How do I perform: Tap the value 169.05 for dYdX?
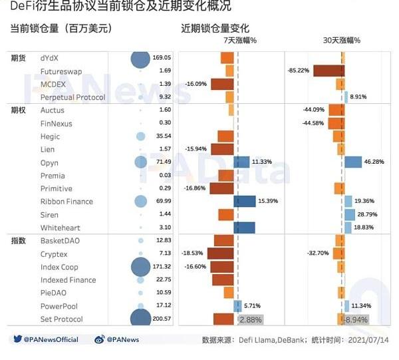tap(162, 58)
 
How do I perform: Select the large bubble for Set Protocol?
tap(140, 319)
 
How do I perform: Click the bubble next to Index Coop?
tap(140, 267)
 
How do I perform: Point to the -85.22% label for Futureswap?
tap(298, 71)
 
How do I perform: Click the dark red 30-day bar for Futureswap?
tap(328, 71)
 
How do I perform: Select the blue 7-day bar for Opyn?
tap(241, 162)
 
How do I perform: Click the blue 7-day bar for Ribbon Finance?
tap(245, 202)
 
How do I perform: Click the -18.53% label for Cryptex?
tap(193, 254)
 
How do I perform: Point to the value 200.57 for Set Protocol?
tap(162, 319)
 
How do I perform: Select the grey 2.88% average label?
tap(251, 319)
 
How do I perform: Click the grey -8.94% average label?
tap(357, 319)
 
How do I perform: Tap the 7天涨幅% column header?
tap(240, 40)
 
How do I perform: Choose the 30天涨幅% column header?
tap(342, 40)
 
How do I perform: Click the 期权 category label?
tap(18, 110)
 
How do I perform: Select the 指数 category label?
tap(18, 240)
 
